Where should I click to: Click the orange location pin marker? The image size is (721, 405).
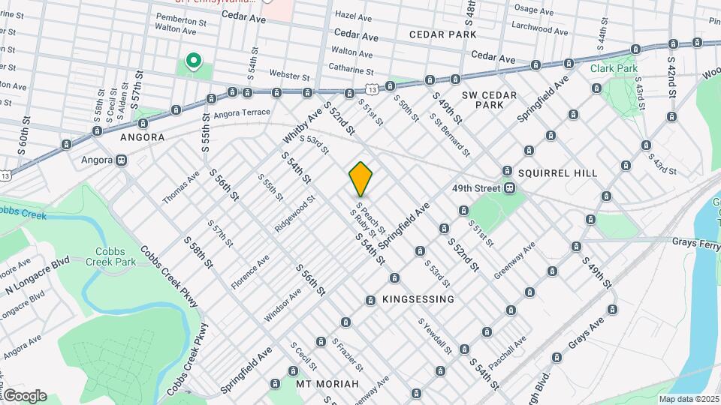point(361,178)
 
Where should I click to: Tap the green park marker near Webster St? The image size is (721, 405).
point(193,61)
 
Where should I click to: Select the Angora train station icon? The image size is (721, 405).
point(122,160)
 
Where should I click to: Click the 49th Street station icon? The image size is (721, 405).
point(509,187)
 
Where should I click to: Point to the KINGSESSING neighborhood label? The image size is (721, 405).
point(418,299)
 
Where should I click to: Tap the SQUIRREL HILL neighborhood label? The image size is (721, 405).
point(557,173)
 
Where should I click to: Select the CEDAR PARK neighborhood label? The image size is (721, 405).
point(443,34)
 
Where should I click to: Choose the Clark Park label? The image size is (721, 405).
point(614,68)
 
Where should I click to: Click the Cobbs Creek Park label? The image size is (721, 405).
point(115,257)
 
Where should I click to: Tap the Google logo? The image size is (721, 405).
point(24,395)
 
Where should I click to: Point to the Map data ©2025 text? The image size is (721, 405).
point(689,399)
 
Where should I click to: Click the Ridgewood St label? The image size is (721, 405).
point(294,214)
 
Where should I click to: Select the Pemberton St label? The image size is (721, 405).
point(180,22)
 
